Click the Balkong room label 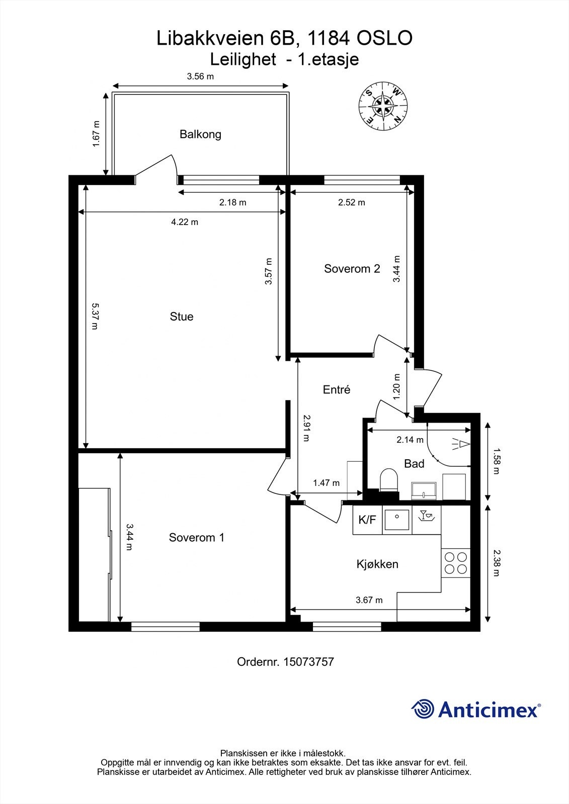point(200,134)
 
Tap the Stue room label point(181,317)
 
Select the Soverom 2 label point(352,269)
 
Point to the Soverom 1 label point(196,538)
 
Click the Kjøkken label point(377,564)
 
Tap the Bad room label point(414,464)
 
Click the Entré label point(336,389)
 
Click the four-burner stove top point(455,563)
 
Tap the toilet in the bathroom point(388,480)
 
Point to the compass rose point(382,106)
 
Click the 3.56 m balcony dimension point(200,76)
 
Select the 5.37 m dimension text point(95,316)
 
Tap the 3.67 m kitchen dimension point(369,600)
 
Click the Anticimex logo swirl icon point(423,709)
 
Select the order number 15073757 point(308,662)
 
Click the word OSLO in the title point(384,39)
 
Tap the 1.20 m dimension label point(396,386)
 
